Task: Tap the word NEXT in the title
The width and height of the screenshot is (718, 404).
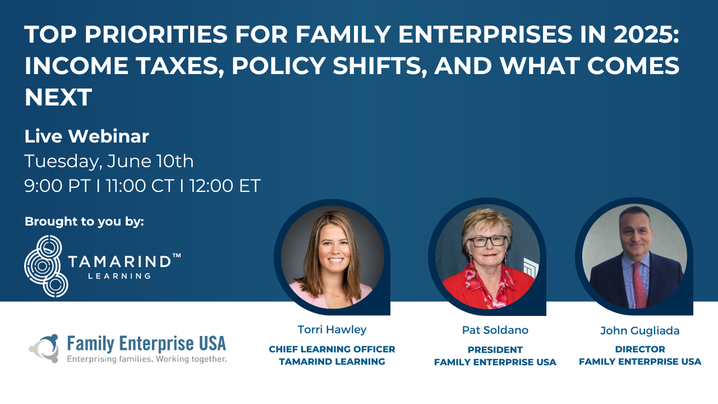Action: (58, 97)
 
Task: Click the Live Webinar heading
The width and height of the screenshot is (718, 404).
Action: (86, 136)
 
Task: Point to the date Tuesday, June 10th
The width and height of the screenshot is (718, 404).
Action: (109, 161)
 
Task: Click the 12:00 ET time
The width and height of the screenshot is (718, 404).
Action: (225, 186)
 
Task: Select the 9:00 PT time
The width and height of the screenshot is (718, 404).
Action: (57, 186)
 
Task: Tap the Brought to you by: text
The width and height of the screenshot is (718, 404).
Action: (84, 222)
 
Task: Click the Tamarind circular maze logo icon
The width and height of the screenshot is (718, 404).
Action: (46, 266)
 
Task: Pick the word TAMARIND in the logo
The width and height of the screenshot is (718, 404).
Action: (120, 261)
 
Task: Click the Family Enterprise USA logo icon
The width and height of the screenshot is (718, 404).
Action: (44, 348)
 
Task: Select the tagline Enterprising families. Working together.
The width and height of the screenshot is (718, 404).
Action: (146, 359)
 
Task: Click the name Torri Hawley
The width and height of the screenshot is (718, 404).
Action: (332, 329)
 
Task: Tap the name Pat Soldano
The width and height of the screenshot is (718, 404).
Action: (495, 330)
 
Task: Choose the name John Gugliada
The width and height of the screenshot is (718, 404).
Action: (640, 331)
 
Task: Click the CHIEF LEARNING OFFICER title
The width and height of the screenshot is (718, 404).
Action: (332, 349)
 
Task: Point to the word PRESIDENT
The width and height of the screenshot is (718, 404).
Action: (495, 350)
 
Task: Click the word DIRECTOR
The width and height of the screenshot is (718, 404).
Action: (640, 349)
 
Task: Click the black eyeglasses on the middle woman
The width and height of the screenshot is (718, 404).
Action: (487, 241)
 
